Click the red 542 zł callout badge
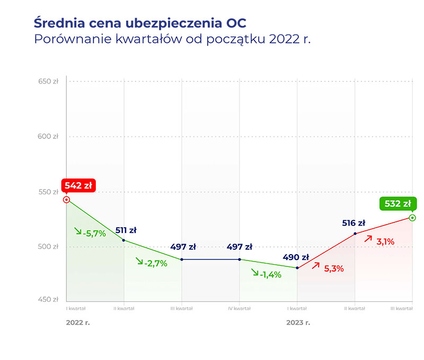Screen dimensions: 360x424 (78, 186)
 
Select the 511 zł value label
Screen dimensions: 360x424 (126, 230)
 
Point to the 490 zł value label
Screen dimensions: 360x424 (296, 257)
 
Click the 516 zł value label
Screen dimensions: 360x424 (354, 223)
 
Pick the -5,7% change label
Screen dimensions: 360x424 (91, 232)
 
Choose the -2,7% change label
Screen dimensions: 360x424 (152, 262)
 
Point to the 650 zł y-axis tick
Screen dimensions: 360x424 (48, 82)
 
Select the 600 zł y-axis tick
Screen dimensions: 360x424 (48, 137)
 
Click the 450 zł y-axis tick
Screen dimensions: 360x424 (48, 300)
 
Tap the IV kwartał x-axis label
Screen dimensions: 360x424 (239, 308)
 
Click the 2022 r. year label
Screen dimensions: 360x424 (78, 322)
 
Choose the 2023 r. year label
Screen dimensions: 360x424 (298, 322)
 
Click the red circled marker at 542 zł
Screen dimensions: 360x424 (66, 200)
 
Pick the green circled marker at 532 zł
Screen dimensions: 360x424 (412, 218)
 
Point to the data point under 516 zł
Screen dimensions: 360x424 (355, 233)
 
